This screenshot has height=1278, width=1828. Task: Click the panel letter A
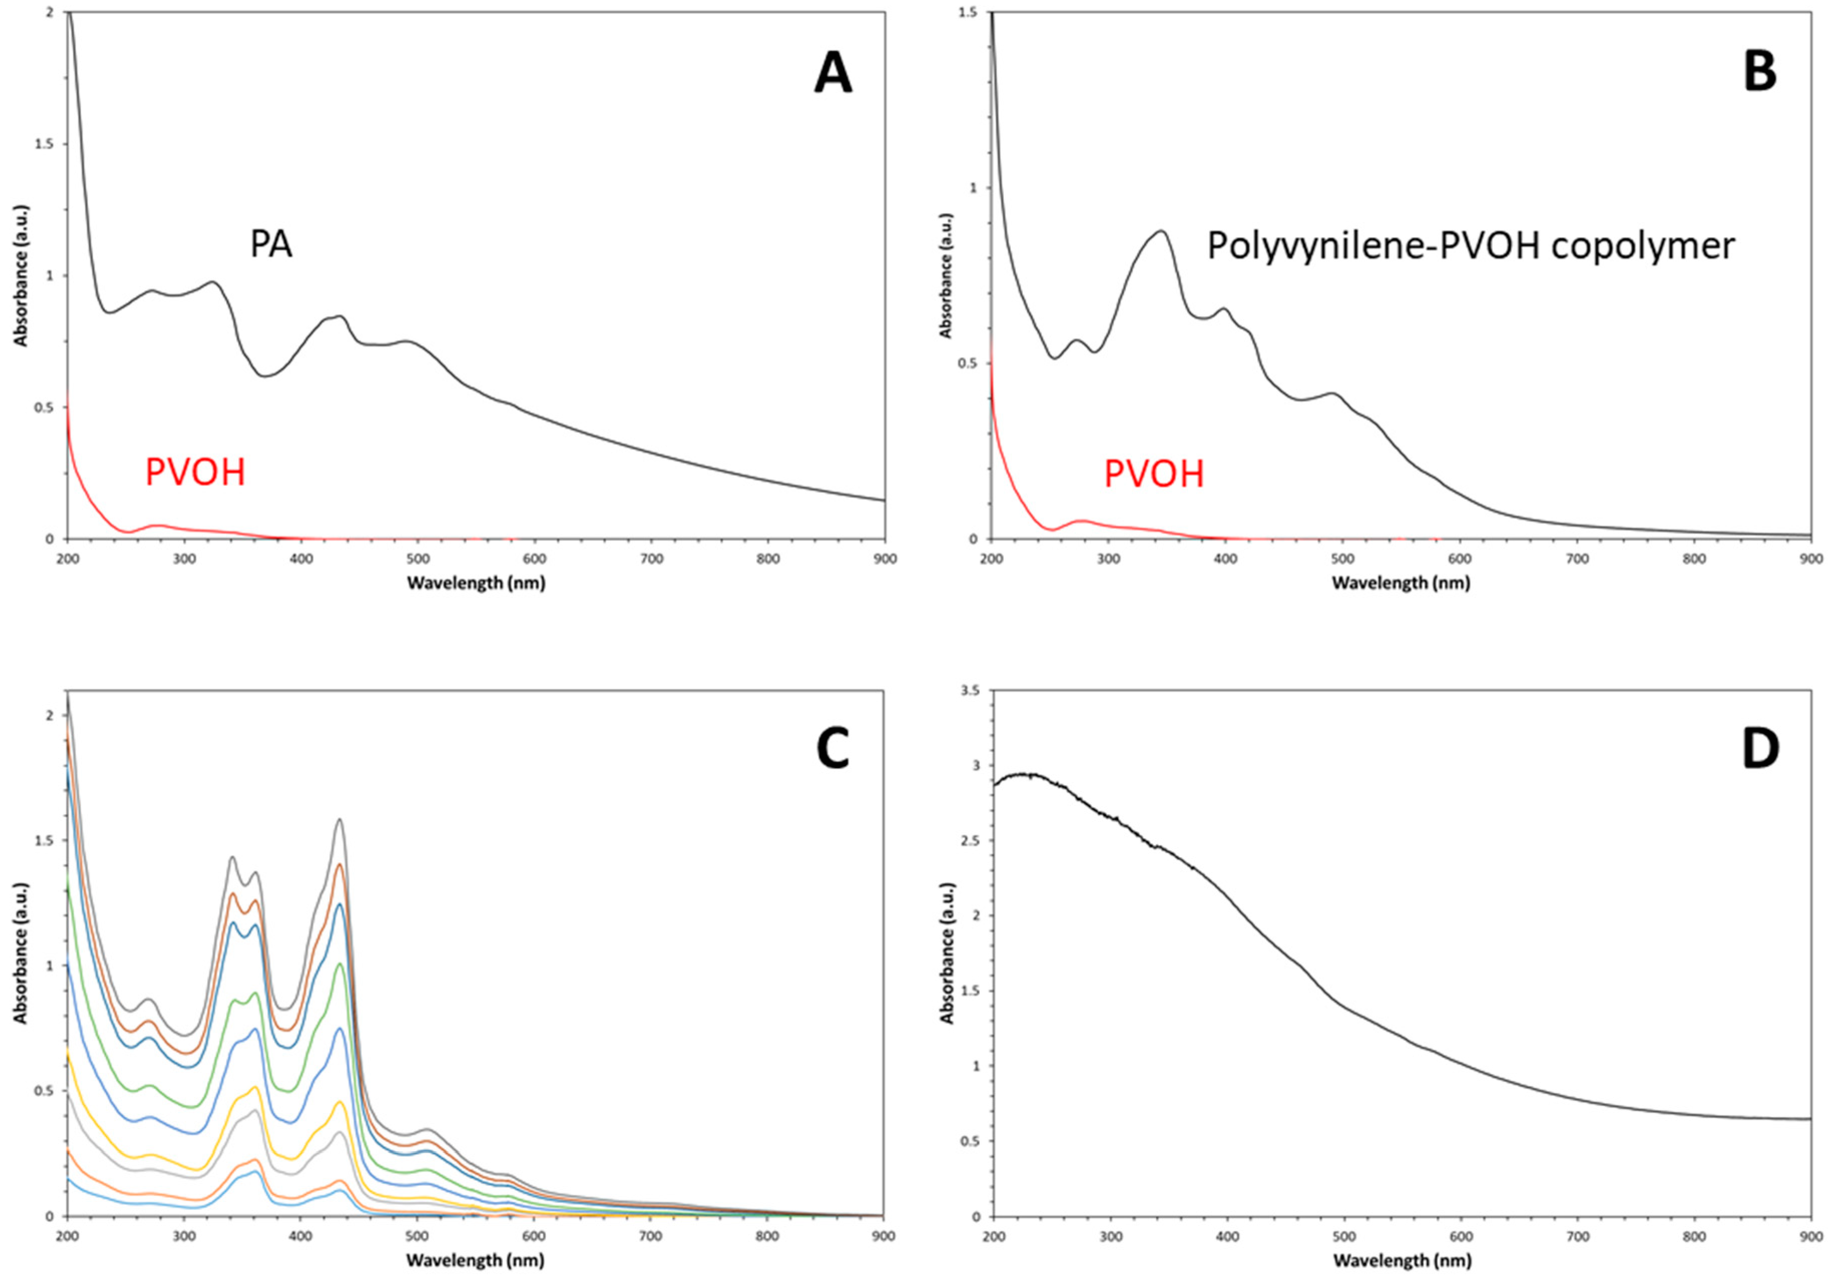click(x=833, y=73)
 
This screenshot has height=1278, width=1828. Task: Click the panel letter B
click(x=1759, y=73)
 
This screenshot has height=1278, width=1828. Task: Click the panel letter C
click(x=833, y=749)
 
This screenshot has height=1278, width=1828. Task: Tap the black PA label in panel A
click(x=271, y=244)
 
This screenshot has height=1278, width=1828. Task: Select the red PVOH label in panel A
click(x=195, y=472)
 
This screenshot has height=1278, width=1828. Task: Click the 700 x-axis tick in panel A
click(x=651, y=559)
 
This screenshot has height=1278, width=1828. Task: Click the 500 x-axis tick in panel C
click(x=417, y=1236)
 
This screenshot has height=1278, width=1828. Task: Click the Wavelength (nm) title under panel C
click(x=475, y=1260)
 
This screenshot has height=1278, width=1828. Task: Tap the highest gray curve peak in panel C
click(x=339, y=820)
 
